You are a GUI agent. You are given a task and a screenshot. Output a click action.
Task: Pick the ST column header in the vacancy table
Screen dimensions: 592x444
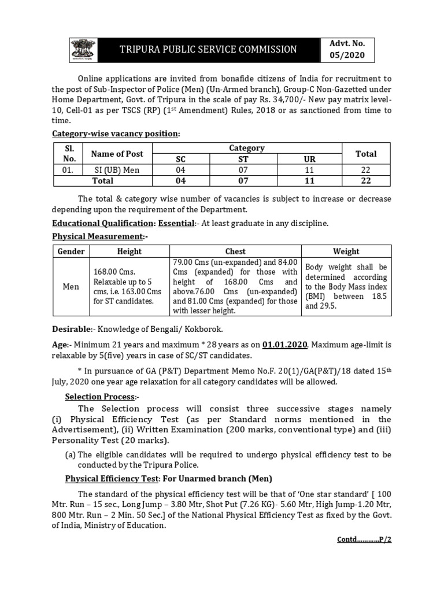242,159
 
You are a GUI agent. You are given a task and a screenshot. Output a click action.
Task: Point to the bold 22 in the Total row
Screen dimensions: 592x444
366,180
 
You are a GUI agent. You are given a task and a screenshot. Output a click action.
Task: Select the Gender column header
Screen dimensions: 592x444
71,251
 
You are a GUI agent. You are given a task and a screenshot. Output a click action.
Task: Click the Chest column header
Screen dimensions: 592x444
235,251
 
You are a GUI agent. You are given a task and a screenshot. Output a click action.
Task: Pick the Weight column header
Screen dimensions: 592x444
346,251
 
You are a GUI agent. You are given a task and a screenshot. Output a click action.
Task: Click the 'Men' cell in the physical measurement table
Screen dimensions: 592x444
71,287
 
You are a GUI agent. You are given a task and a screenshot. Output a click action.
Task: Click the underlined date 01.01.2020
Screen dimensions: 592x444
285,345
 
